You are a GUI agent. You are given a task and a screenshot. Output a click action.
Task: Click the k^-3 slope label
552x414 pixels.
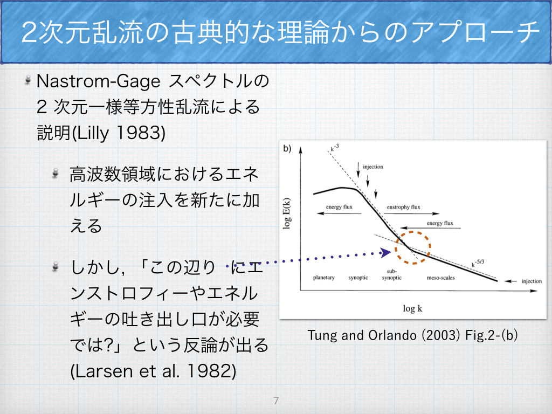pos(335,148)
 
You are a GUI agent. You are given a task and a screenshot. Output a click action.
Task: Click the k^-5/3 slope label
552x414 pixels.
pos(478,263)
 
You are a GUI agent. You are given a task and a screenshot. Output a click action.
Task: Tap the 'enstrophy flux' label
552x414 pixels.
pos(403,207)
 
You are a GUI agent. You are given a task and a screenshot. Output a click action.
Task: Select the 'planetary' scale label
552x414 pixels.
pos(324,278)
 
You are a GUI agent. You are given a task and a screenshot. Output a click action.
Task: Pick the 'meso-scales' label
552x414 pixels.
pos(441,278)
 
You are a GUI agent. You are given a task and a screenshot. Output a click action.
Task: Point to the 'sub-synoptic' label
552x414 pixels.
pos(392,274)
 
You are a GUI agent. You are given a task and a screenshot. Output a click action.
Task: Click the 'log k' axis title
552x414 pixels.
pos(412,309)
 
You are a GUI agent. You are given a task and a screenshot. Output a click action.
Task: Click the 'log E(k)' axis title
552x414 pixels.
pos(287,213)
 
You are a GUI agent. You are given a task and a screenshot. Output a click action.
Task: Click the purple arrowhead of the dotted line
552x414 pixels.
pos(386,252)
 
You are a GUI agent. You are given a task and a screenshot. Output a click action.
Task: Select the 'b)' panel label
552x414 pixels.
pos(287,149)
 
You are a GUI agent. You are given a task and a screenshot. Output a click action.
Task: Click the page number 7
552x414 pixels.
pos(276,401)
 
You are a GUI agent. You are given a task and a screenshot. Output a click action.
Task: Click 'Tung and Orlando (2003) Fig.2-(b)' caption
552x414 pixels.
pos(412,335)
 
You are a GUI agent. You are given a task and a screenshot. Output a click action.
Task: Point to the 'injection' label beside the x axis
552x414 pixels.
pos(532,281)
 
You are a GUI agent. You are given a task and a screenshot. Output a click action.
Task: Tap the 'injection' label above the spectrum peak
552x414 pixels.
pos(373,167)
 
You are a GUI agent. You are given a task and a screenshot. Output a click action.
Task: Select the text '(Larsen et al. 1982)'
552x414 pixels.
pos(153,371)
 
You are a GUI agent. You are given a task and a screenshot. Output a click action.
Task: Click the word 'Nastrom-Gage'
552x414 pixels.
pos(99,81)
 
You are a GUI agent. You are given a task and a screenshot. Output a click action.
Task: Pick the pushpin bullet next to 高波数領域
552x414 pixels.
pos(55,173)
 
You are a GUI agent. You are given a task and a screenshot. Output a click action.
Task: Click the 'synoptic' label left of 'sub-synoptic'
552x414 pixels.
pos(358,278)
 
